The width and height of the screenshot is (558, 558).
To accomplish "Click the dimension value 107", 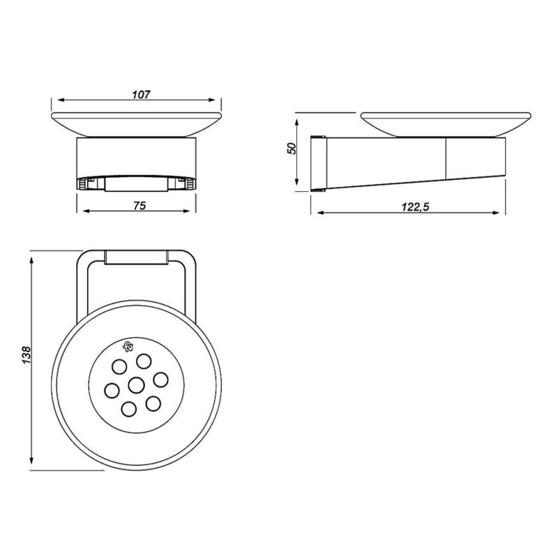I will [140, 93].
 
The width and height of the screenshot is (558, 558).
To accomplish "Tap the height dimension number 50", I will [292, 148].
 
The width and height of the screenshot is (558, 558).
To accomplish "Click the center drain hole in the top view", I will [137, 384].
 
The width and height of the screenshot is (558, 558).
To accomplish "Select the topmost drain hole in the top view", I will [144, 361].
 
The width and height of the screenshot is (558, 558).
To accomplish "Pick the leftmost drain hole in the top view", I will [112, 389].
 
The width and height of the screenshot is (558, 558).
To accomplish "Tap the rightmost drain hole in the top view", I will [160, 379].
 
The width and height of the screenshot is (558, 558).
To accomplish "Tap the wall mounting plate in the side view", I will [319, 160].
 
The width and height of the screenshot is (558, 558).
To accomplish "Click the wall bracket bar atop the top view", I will [137, 258].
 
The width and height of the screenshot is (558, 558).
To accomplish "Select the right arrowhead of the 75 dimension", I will [195, 212].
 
